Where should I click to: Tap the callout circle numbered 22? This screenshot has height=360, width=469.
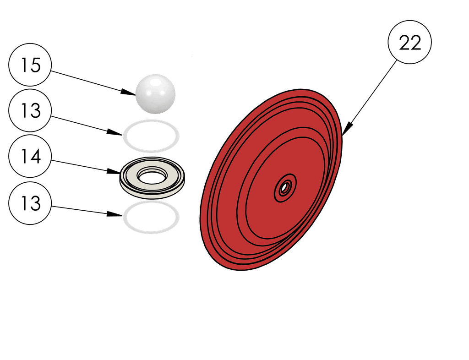pyautogui.click(x=409, y=44)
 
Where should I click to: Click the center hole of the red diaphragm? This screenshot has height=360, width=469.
pyautogui.click(x=285, y=187)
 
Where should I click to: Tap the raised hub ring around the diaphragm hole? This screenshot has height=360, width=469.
pyautogui.click(x=292, y=183)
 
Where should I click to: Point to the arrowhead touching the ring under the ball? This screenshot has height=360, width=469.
pyautogui.click(x=116, y=134)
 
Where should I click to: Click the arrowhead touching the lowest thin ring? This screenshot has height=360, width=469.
pyautogui.click(x=116, y=214)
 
